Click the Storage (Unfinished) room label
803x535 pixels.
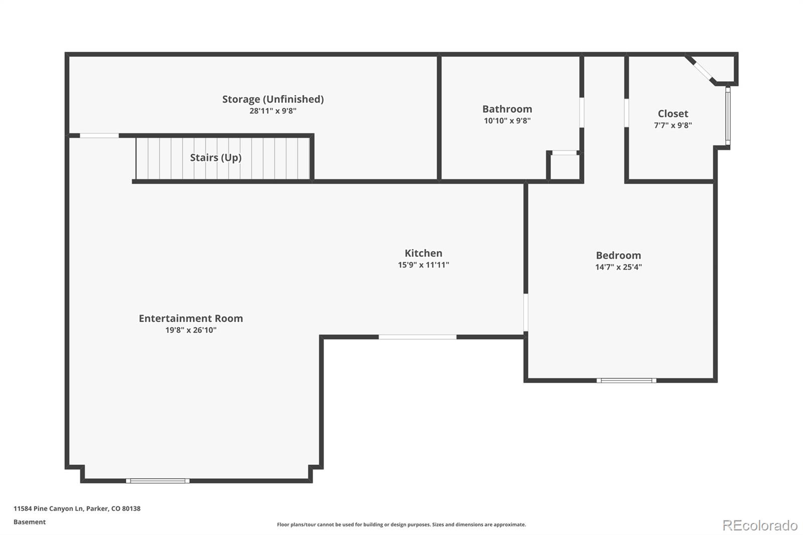273,99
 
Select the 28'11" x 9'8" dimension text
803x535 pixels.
273,111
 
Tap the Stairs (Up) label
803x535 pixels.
216,158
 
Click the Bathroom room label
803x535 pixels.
507,109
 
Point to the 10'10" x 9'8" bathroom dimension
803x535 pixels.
507,120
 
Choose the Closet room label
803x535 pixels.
673,113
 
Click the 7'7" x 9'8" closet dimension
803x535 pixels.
673,125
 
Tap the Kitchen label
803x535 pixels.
423,253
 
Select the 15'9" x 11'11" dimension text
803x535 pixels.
423,265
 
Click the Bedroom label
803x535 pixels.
618,255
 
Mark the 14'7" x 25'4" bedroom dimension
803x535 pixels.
618,267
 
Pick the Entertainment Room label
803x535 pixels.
191,318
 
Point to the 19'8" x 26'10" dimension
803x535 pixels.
191,330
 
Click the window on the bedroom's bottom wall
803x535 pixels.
626,380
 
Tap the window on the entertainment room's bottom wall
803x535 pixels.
158,481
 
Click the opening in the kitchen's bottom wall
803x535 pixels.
417,337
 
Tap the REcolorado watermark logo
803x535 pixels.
759,525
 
